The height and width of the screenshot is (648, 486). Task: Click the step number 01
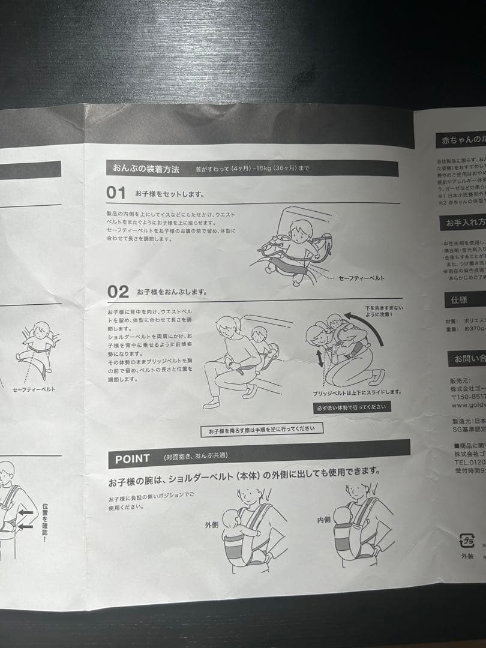coord(116,193)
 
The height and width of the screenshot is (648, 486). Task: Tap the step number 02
coord(118,292)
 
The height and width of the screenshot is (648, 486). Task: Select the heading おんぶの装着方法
coord(146,169)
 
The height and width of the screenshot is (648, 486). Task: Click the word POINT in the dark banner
coord(133,459)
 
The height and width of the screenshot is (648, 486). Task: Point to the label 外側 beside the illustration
coord(212,524)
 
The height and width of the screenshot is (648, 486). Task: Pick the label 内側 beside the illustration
coord(323,520)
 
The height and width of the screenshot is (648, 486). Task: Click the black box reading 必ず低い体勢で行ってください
coord(352,407)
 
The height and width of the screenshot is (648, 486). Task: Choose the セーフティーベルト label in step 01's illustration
coord(361,278)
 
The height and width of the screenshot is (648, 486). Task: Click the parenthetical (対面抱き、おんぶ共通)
coord(195,457)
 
